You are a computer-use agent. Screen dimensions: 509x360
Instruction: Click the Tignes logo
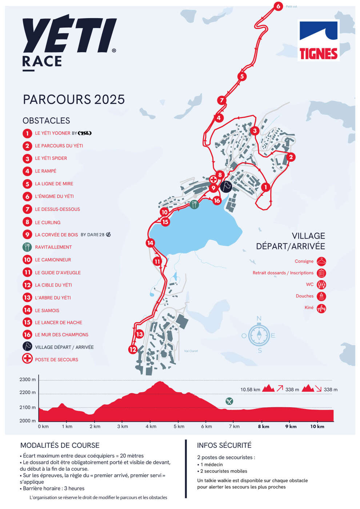[x=319, y=40]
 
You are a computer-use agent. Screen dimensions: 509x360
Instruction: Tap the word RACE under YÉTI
[x=42, y=61]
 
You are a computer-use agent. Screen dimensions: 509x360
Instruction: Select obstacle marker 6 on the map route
[x=278, y=6]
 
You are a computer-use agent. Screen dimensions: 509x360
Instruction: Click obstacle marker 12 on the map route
[x=133, y=349]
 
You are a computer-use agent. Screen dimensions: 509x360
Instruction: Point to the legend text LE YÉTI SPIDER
[x=51, y=158]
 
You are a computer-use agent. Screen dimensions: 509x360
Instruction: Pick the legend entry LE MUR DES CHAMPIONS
[x=61, y=334]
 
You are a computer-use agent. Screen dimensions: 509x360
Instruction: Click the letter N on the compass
[x=259, y=319]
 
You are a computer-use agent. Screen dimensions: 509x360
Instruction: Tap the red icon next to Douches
[x=321, y=296]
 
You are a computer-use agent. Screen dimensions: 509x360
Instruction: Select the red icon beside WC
[x=321, y=285]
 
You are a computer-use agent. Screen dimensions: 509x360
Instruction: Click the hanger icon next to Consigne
[x=321, y=261]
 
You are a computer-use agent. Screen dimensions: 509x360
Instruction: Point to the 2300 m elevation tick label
[x=28, y=380]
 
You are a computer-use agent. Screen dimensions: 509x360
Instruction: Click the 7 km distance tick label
[x=234, y=426]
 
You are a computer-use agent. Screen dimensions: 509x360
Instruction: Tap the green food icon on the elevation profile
[x=229, y=401]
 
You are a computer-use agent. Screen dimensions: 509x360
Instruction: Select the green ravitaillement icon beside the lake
[x=194, y=204]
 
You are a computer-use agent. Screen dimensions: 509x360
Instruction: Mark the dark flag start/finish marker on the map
[x=226, y=187]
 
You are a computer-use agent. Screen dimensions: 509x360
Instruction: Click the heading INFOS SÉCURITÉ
[x=224, y=445]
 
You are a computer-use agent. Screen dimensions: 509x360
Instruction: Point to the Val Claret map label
[x=191, y=351]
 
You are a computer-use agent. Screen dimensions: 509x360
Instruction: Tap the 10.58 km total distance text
[x=250, y=389]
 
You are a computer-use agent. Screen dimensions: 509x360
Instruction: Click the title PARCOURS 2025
[x=74, y=99]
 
